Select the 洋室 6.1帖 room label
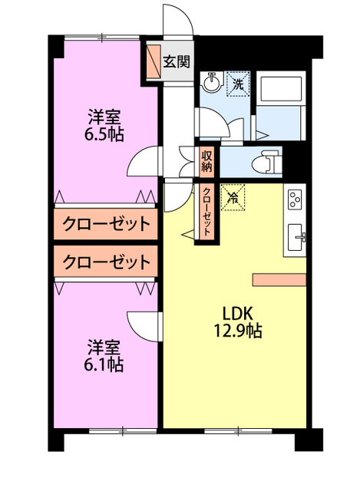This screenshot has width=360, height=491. (104, 354)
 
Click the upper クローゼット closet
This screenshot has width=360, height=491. (106, 224)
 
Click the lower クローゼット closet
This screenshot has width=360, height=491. (106, 262)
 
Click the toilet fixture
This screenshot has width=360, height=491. (268, 161)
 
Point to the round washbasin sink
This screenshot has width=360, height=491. (211, 83)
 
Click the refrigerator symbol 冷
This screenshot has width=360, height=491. (233, 197)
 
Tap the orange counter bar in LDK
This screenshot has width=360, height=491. (281, 278)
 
